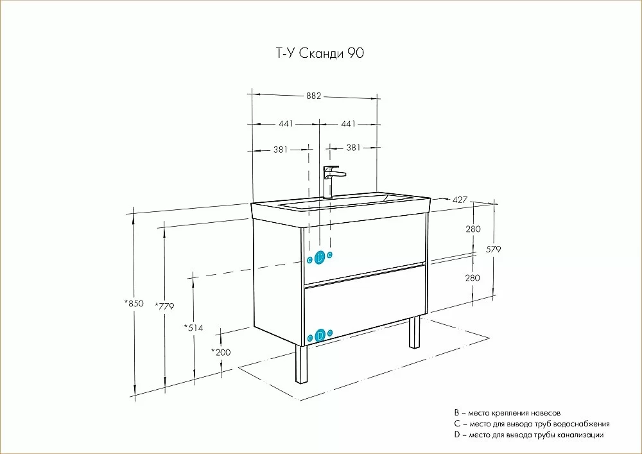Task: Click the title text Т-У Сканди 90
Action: pos(318,53)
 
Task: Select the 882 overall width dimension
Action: pos(314,96)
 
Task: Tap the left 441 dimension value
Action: pos(286,123)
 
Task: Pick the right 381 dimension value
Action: pos(353,148)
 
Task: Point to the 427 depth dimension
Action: pos(460,200)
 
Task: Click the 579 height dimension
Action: pos(494,249)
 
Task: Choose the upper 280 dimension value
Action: pos(473,229)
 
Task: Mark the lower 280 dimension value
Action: pos(473,278)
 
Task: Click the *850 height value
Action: pos(134,303)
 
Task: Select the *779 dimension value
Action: pos(164,306)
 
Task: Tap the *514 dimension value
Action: pos(193,327)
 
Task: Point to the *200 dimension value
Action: pos(221,352)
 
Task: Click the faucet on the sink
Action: pos(332,182)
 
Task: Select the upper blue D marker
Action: pos(320,257)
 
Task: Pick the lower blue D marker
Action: pos(320,335)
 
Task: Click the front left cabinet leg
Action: pos(302,364)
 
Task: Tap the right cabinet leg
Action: pos(415,332)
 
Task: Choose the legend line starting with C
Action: pos(532,424)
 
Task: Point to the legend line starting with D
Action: pos(528,435)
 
